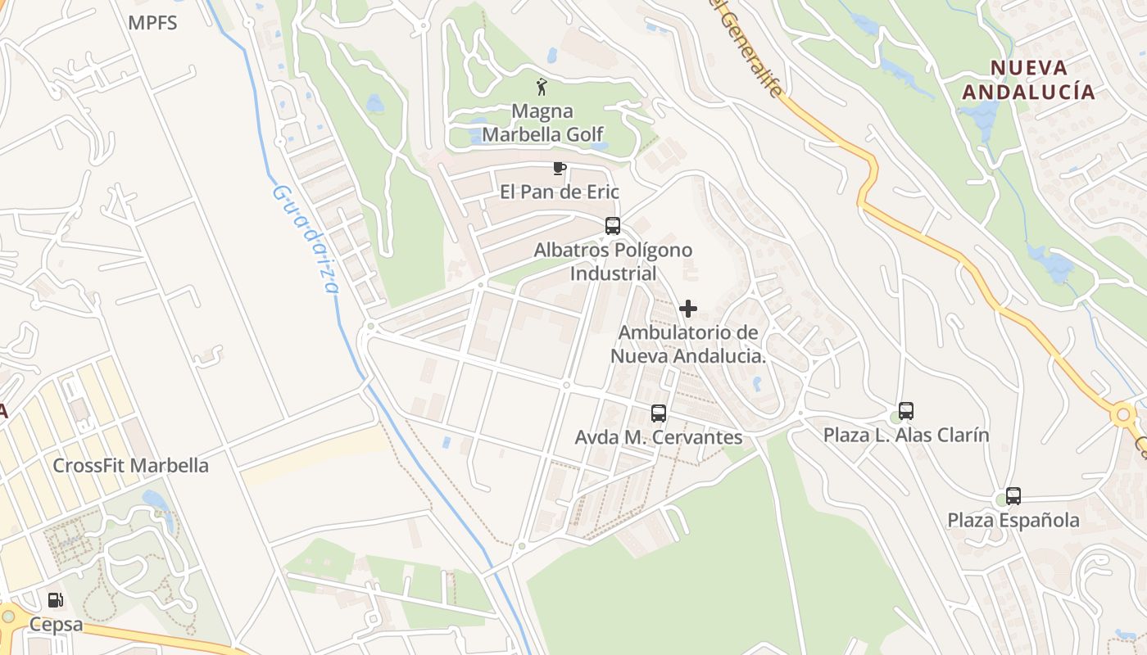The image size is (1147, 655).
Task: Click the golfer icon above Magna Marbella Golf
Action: tap(542, 86)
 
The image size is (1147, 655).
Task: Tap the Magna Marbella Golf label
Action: tap(542, 122)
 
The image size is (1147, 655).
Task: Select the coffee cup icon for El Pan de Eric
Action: tap(560, 169)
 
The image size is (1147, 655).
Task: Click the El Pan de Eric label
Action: tap(560, 192)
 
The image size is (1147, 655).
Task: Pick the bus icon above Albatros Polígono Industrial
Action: tap(613, 226)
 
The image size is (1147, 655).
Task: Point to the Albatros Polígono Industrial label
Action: tap(613, 261)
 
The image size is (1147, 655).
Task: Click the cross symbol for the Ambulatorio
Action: tap(688, 309)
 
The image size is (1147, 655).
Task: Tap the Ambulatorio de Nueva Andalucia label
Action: tap(688, 345)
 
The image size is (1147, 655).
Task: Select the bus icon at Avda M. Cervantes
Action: tap(659, 413)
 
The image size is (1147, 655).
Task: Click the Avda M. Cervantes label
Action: tap(659, 437)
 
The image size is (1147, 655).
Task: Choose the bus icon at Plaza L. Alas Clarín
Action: tap(906, 411)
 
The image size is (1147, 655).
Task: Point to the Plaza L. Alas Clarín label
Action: tap(906, 435)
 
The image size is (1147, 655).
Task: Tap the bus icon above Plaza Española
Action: tap(1013, 496)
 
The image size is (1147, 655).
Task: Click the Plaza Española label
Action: tap(1013, 520)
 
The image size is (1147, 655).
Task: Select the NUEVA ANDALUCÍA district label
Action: tap(1028, 79)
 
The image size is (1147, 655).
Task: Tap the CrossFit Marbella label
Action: tap(130, 466)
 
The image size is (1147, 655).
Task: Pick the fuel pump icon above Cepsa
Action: tap(55, 600)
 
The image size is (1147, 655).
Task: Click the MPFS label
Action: tap(152, 23)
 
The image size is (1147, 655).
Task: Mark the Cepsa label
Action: tap(56, 625)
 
